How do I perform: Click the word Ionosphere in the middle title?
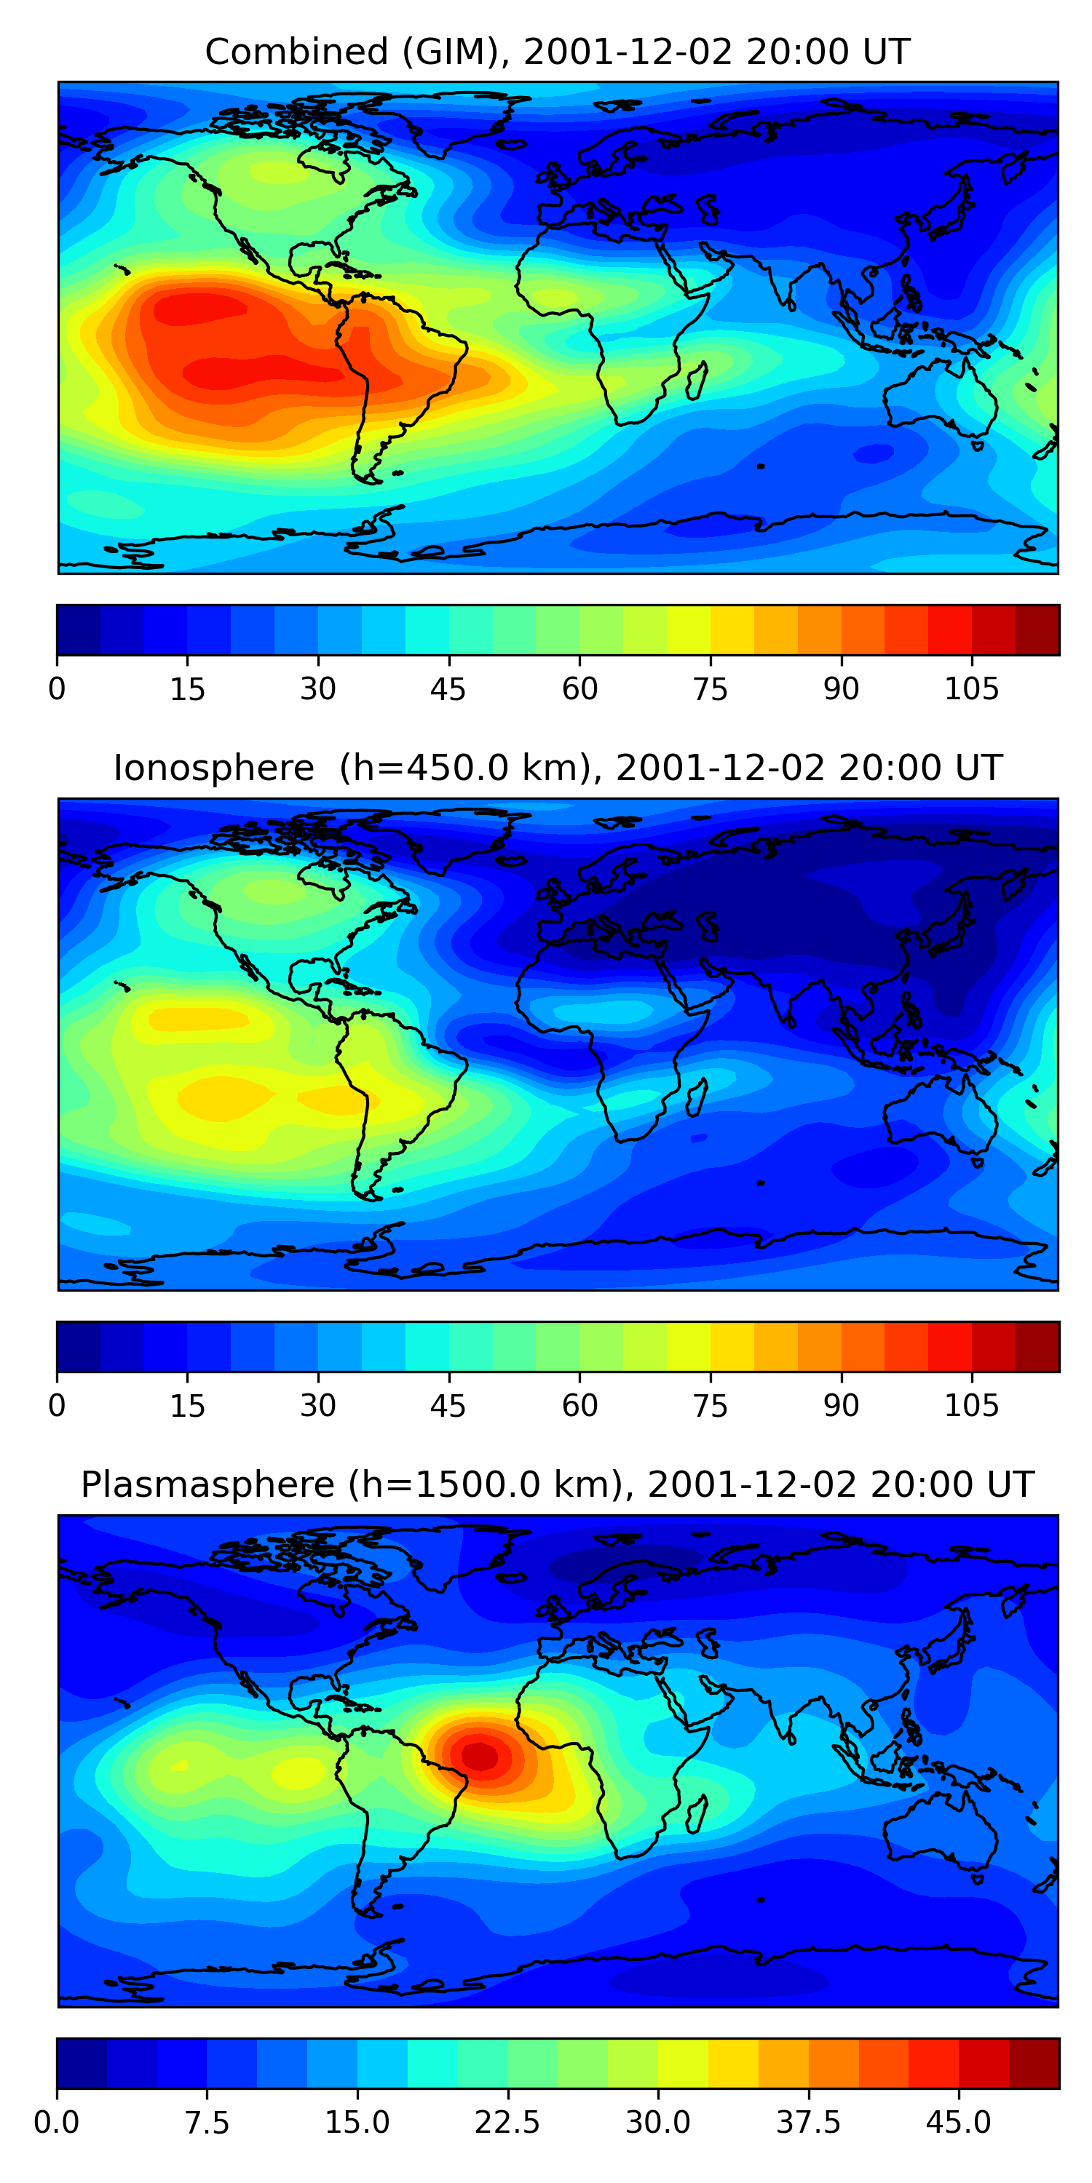(x=213, y=768)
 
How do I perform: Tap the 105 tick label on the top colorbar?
(x=972, y=689)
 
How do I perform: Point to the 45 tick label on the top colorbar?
(x=448, y=689)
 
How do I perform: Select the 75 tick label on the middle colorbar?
(x=710, y=1406)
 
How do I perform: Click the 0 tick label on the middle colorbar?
(x=57, y=1406)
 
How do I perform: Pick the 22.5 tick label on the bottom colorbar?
(x=507, y=2123)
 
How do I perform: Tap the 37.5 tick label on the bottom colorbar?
(x=808, y=2123)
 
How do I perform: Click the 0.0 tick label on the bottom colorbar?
(x=57, y=2123)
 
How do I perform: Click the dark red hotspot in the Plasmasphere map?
(x=480, y=1754)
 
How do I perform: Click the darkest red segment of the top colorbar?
(x=1037, y=629)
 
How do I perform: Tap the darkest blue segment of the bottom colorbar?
(x=82, y=2064)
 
